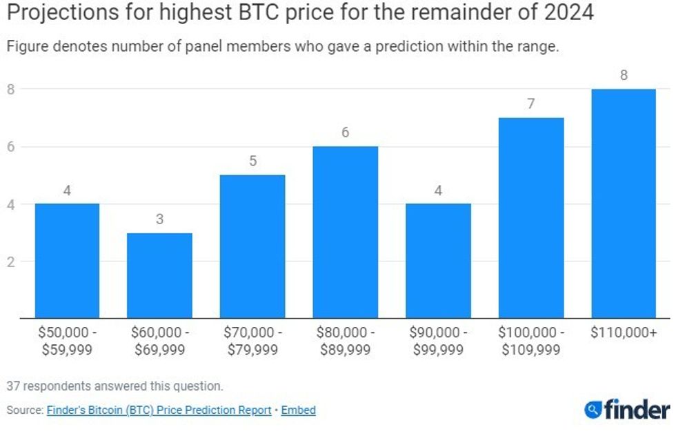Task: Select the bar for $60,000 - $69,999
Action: click(x=160, y=276)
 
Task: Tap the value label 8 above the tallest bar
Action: click(x=624, y=75)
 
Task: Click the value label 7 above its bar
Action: click(x=531, y=104)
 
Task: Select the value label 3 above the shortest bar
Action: click(x=160, y=219)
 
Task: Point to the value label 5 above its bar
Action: click(x=252, y=161)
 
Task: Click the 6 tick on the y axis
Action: click(x=10, y=147)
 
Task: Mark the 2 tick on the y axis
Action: click(x=10, y=261)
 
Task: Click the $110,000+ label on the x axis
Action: click(x=624, y=332)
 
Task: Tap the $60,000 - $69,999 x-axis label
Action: click(x=160, y=341)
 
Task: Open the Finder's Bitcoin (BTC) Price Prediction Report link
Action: click(x=159, y=410)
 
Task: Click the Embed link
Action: click(x=299, y=410)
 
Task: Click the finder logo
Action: click(x=626, y=409)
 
